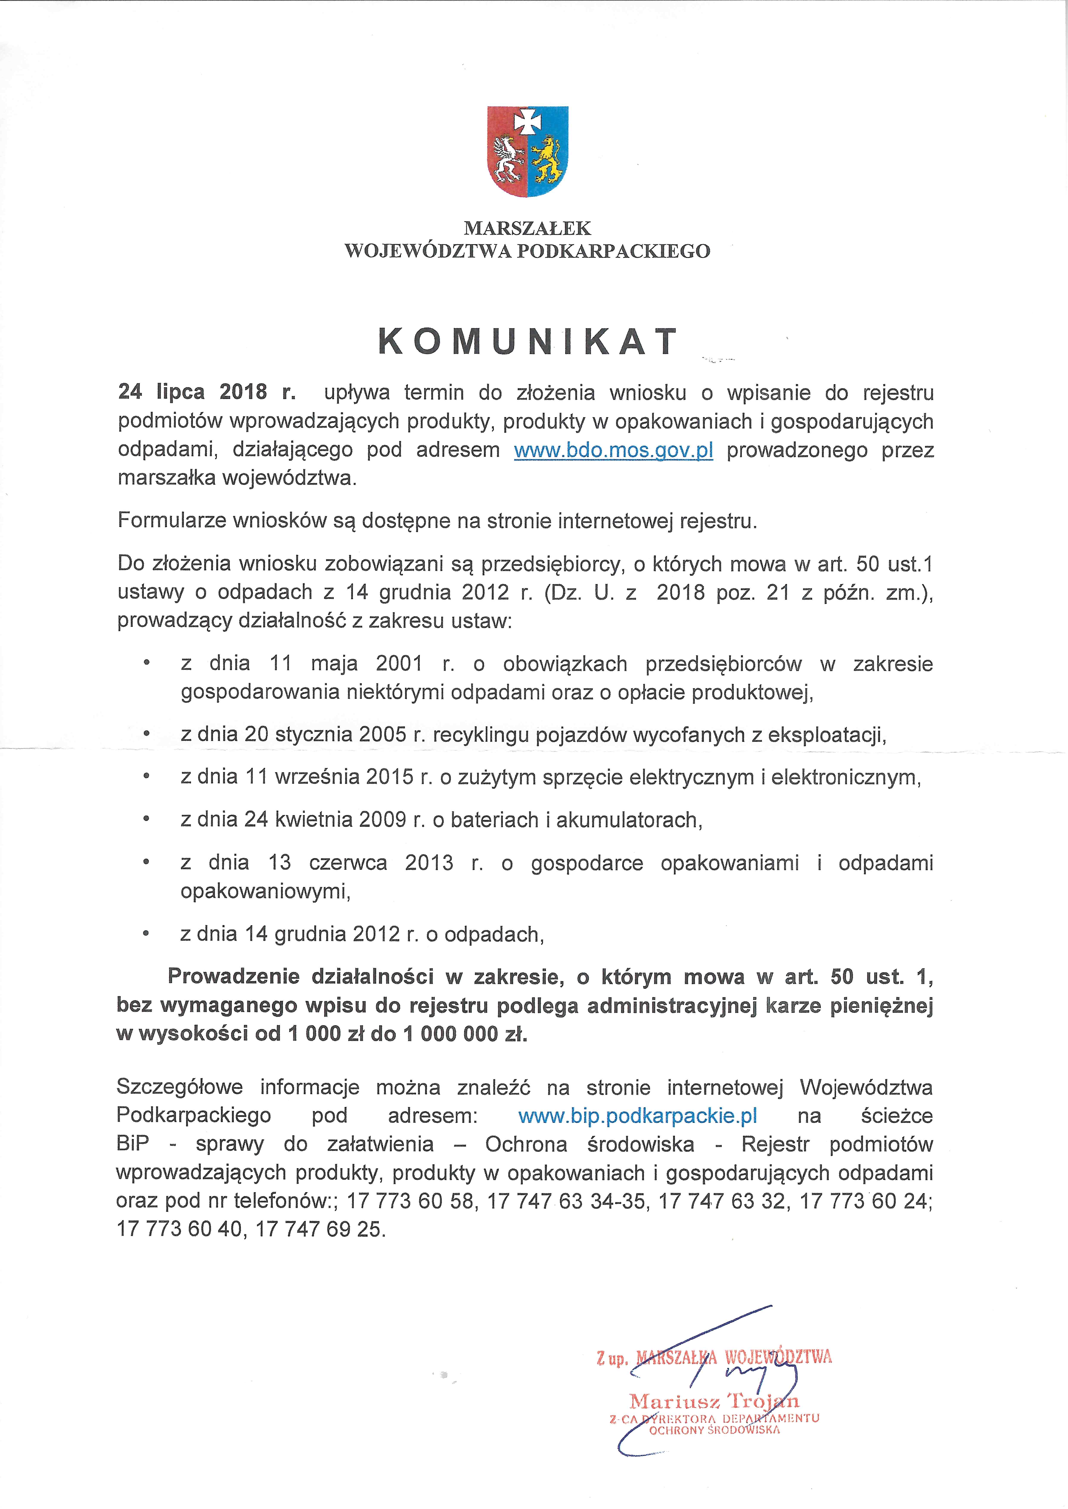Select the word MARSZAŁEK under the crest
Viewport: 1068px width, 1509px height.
click(527, 228)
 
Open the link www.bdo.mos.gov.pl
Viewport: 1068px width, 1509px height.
click(613, 450)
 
